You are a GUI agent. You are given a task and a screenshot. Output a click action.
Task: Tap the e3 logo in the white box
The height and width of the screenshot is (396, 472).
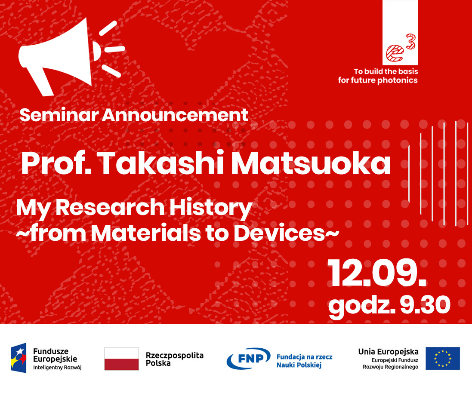(401, 48)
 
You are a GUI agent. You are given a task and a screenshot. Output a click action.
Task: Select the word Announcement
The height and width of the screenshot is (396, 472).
(175, 115)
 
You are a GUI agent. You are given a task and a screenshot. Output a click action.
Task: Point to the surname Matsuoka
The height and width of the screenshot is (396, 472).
(311, 163)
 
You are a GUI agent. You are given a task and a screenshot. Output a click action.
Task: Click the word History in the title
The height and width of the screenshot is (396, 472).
(210, 208)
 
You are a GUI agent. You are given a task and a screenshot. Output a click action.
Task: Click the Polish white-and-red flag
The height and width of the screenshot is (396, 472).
(122, 359)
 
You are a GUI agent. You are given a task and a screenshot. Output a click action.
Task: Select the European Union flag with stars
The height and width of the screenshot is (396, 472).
(442, 359)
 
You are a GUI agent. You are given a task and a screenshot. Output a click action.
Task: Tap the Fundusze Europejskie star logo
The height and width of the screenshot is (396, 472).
(19, 358)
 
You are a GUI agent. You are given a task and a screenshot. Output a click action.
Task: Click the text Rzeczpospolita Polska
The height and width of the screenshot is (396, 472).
(175, 359)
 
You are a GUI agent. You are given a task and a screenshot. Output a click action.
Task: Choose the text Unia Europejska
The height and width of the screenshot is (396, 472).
(389, 351)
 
